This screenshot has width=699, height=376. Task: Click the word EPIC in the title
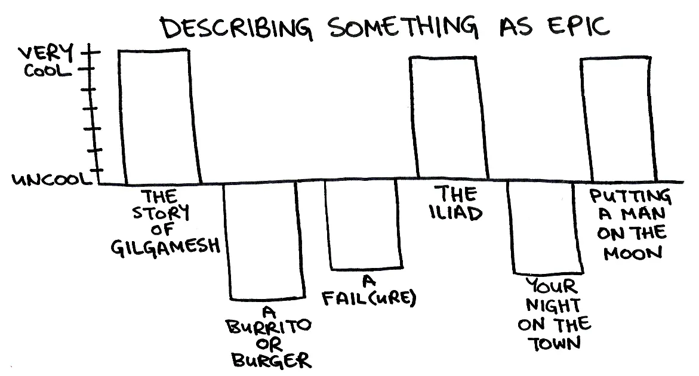click(x=578, y=26)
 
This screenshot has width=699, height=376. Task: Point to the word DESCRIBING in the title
click(x=236, y=28)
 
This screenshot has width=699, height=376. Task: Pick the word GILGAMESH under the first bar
click(x=165, y=247)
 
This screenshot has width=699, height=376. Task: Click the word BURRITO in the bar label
click(x=269, y=326)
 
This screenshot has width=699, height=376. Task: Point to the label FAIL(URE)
click(x=369, y=298)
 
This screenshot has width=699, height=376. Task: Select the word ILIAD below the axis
click(x=456, y=213)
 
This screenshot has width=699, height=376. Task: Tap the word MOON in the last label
click(x=633, y=253)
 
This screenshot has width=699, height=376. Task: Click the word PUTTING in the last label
click(x=630, y=196)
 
